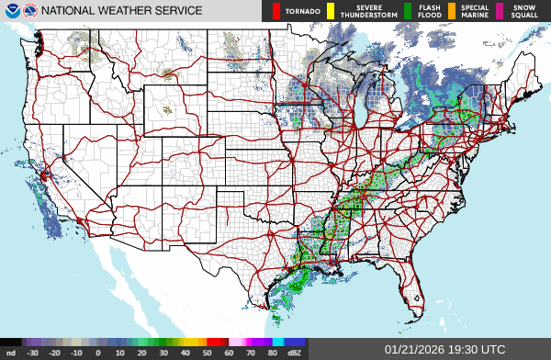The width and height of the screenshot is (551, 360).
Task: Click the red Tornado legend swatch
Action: [x=275, y=11]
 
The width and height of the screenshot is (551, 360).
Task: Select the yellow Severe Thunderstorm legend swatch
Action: [x=331, y=11]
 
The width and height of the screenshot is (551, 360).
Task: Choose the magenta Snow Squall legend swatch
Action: [x=500, y=11]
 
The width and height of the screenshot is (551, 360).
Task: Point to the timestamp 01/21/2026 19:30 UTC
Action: [x=445, y=350]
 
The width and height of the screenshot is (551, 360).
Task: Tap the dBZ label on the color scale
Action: [x=295, y=353]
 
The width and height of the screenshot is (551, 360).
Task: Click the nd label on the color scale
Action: [x=10, y=353]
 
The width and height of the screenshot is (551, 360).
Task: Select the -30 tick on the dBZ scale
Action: [x=32, y=353]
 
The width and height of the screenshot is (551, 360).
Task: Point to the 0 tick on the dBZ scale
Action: [x=97, y=353]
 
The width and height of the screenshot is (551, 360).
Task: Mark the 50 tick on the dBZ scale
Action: [x=207, y=353]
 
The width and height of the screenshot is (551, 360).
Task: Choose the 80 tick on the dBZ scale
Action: [x=273, y=353]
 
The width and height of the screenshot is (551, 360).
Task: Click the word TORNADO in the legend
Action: [x=302, y=11]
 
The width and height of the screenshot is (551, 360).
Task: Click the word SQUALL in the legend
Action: [x=525, y=15]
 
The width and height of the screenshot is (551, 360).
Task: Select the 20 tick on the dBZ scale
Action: [x=141, y=353]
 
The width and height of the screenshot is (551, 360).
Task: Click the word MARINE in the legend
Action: [x=474, y=15]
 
